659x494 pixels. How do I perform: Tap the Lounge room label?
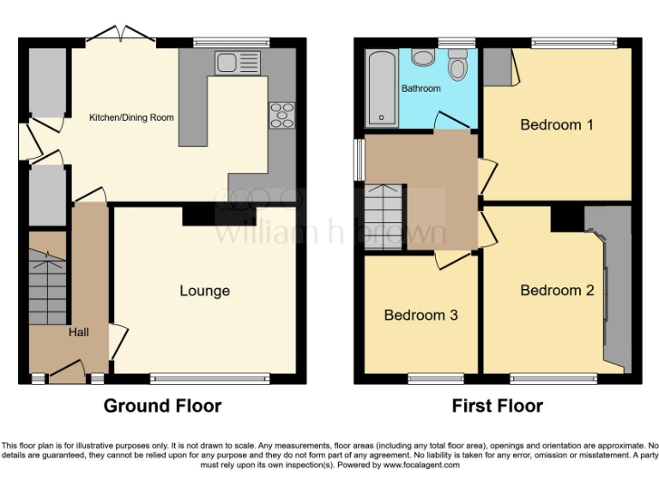point(204,291)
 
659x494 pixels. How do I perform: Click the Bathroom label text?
point(421,88)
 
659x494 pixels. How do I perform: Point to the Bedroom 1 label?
point(557,125)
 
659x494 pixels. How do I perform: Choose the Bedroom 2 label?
point(557,291)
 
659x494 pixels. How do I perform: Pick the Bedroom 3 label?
point(420,316)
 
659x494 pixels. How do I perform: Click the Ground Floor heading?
point(162,406)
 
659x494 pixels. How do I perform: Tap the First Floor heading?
point(498,406)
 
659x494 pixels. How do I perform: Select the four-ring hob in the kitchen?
point(281,115)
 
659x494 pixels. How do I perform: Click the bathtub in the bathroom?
point(380,87)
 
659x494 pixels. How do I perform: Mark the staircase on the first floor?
point(384,216)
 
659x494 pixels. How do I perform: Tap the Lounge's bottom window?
point(210,377)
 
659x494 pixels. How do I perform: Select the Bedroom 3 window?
point(431,377)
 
